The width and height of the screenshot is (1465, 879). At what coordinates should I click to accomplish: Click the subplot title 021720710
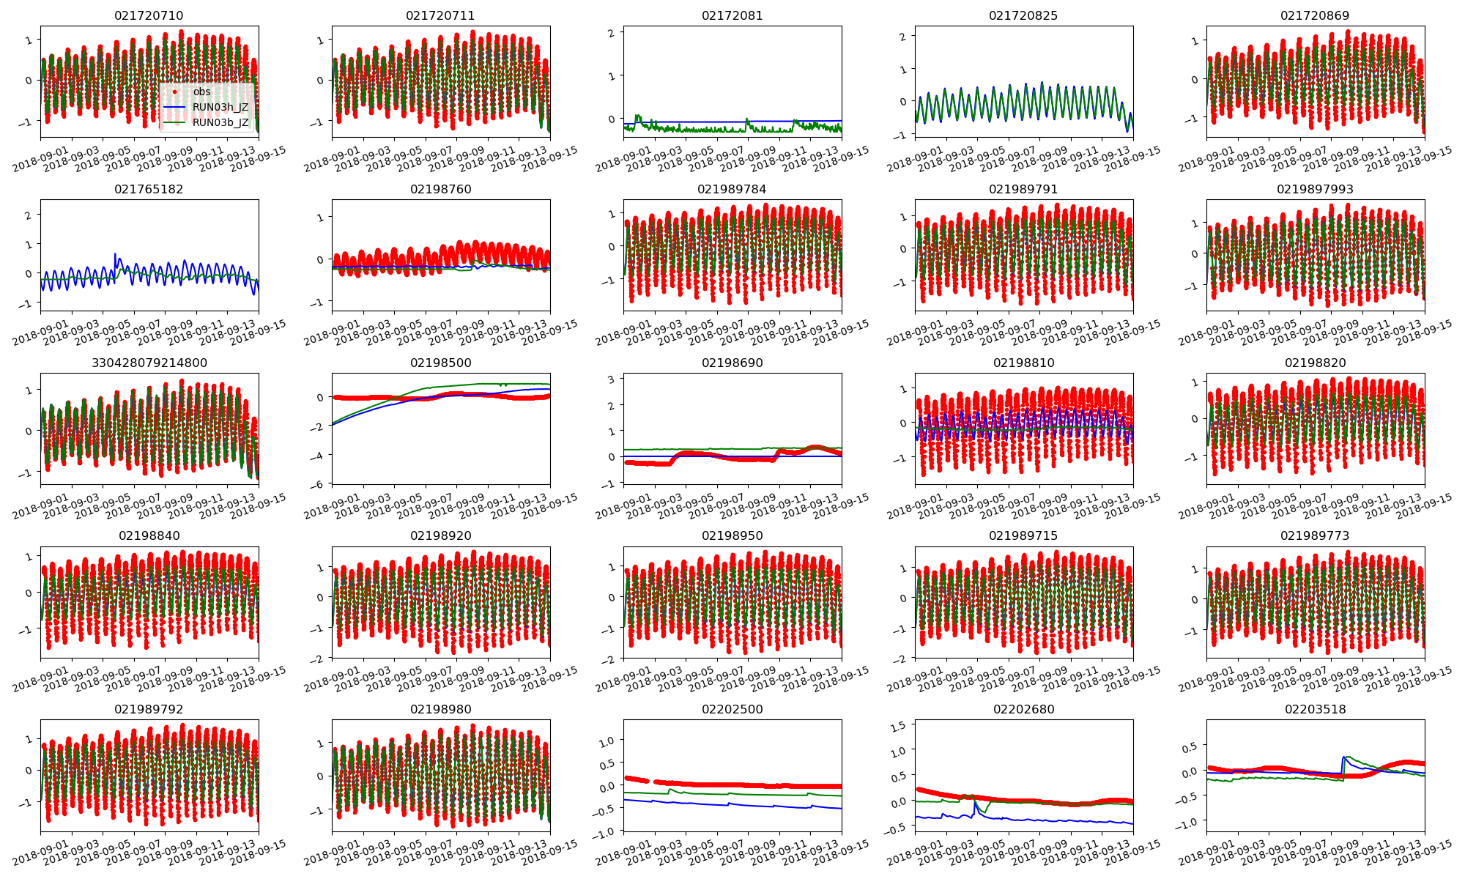tap(149, 15)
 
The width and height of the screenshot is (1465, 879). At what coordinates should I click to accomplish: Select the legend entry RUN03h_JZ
tap(220, 107)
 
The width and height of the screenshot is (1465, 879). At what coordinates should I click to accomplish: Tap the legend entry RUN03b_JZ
tap(220, 122)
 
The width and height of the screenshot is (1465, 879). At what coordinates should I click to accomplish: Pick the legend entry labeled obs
tap(201, 92)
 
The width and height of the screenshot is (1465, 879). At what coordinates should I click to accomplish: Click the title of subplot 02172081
tap(732, 15)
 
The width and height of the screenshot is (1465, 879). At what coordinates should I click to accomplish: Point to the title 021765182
tap(149, 189)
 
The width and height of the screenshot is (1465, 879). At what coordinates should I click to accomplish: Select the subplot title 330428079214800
tap(149, 363)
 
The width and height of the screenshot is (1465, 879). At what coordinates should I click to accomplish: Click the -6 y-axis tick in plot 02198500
tap(320, 484)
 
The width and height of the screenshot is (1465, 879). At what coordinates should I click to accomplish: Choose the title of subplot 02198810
tap(1023, 363)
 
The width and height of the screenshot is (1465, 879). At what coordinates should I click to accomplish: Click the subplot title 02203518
tap(1315, 709)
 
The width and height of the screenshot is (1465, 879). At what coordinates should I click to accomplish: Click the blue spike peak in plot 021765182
tap(115, 254)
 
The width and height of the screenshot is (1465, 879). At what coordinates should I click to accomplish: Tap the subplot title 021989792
tap(149, 709)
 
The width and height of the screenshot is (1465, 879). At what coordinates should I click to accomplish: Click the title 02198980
tap(440, 709)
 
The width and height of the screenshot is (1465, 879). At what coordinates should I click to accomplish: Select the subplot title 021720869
tap(1315, 15)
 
